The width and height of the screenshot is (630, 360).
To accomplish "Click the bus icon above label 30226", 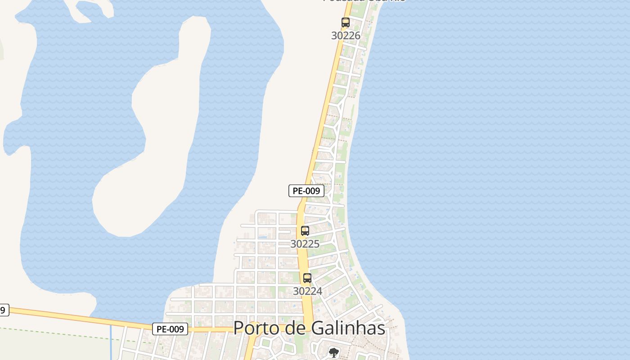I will click(345, 22).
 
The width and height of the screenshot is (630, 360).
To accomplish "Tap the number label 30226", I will click(346, 36).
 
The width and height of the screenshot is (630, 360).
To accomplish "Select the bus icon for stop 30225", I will click(305, 231).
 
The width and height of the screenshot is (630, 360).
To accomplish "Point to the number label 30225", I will click(305, 244).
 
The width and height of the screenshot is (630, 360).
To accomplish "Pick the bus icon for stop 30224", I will click(307, 278).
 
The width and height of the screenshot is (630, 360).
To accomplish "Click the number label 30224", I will click(307, 291).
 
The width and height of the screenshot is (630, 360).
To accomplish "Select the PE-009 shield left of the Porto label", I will click(170, 329).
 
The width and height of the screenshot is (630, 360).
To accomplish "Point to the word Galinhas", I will click(346, 328).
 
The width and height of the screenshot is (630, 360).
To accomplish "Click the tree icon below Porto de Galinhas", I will click(333, 353).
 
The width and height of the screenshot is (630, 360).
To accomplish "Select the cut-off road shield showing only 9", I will click(3, 310).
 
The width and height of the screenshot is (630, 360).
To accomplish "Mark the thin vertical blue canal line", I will click(111, 342).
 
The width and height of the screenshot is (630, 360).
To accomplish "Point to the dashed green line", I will click(67, 334).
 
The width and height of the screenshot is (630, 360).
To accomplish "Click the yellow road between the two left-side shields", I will click(81, 318).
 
